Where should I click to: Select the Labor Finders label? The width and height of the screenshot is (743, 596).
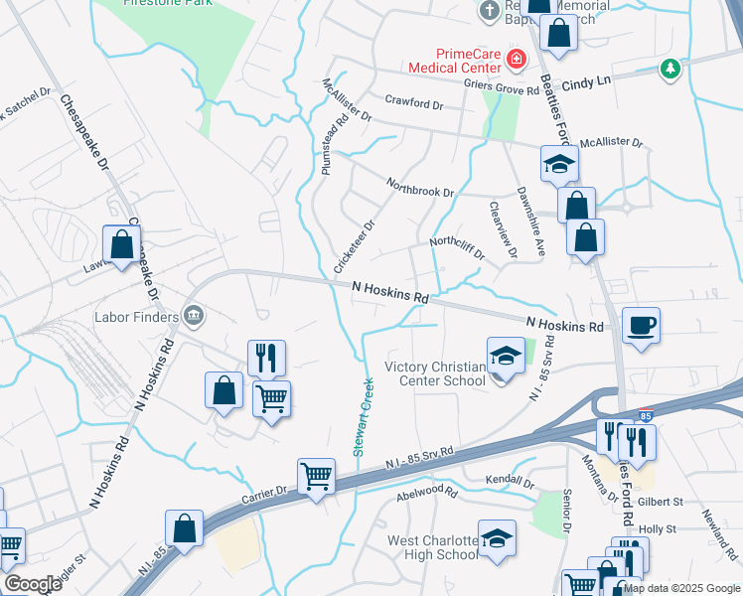pos(135,318)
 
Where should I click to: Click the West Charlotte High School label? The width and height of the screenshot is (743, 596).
pos(431,548)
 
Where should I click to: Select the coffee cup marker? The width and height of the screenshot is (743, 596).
pos(641,325)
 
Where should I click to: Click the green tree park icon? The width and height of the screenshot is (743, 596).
pos(670,69)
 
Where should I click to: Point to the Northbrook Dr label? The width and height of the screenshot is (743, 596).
pos(420,186)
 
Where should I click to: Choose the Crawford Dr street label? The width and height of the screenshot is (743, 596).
pos(414,102)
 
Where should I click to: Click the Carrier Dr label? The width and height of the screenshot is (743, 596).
pos(266,490)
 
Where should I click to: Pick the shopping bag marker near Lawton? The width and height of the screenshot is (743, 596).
pos(121,244)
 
